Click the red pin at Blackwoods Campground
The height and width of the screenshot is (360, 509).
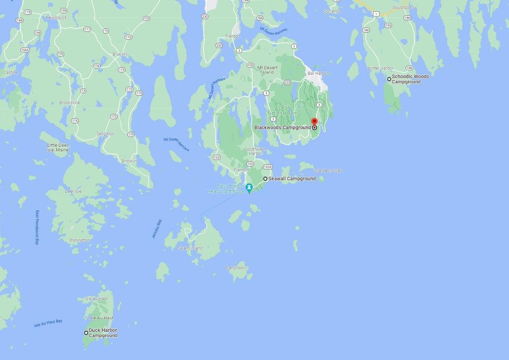pos(314,122)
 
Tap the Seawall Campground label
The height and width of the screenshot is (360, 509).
pos(292,179)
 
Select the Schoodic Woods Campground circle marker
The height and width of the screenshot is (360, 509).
pos(389,79)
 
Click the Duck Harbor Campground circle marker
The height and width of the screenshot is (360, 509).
pos(86,333)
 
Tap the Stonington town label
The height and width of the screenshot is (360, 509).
pos(79,240)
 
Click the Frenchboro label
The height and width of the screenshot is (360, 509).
pos(236,268)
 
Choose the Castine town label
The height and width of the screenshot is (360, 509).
pos(11,73)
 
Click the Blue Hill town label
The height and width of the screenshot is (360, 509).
pos(120,54)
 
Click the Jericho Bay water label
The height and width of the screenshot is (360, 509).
pos(156,229)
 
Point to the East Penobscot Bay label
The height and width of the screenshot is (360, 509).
pos(37,228)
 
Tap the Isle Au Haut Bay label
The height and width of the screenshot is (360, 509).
pos(48,323)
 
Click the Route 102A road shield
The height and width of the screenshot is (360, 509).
pos(268,167)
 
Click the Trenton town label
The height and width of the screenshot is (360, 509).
pos(232,36)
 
